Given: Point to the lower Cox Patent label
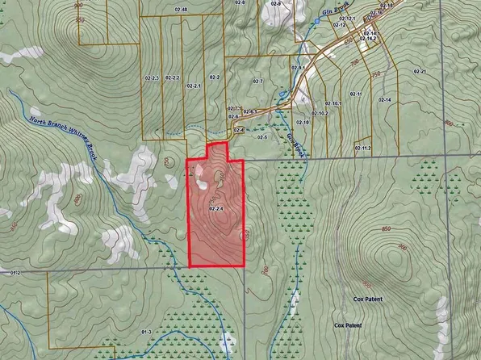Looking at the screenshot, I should tap(348, 325).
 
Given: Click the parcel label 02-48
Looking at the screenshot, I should tap(181, 10).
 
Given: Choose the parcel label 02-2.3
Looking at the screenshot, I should tap(151, 77).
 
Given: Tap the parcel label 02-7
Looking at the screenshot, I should tap(257, 82).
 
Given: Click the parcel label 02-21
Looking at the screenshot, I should tap(420, 72).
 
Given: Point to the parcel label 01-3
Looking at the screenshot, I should tap(146, 332).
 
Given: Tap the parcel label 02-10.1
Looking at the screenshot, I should tap(333, 104).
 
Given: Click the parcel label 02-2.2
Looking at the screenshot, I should tap(170, 77).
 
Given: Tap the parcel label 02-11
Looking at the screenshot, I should tap(357, 94).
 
